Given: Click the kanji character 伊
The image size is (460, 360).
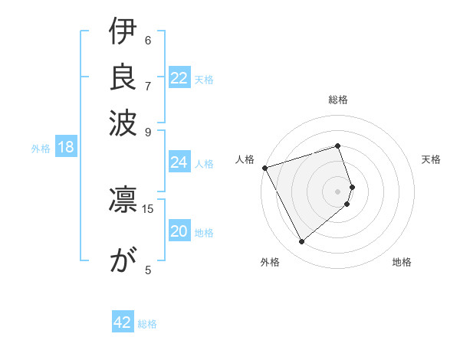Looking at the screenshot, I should [123, 34].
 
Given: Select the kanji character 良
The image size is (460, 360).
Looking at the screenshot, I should [123, 77].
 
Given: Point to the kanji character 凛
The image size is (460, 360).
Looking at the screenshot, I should [123, 198].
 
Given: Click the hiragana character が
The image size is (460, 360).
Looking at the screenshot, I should [123, 260].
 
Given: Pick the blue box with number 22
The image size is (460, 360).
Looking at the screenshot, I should [179, 78].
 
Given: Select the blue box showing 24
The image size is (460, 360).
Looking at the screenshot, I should [179, 162].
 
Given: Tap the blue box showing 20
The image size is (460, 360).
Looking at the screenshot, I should [179, 231].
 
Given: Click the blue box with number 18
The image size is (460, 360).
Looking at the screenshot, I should [65, 148].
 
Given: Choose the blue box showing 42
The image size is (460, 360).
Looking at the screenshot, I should [123, 322].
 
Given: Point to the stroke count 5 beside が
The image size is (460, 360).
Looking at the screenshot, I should [148, 270].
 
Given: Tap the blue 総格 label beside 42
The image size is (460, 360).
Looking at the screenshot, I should [147, 324].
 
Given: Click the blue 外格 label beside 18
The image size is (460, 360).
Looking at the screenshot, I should [41, 149].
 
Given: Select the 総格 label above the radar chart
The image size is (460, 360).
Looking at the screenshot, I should [338, 100].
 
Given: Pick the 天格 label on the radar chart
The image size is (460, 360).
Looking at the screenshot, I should [431, 159].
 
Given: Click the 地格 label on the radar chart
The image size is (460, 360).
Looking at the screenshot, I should [402, 262].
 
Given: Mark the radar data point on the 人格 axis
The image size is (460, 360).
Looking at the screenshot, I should [264, 167].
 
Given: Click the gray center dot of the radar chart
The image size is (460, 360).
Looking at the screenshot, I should [338, 191].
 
